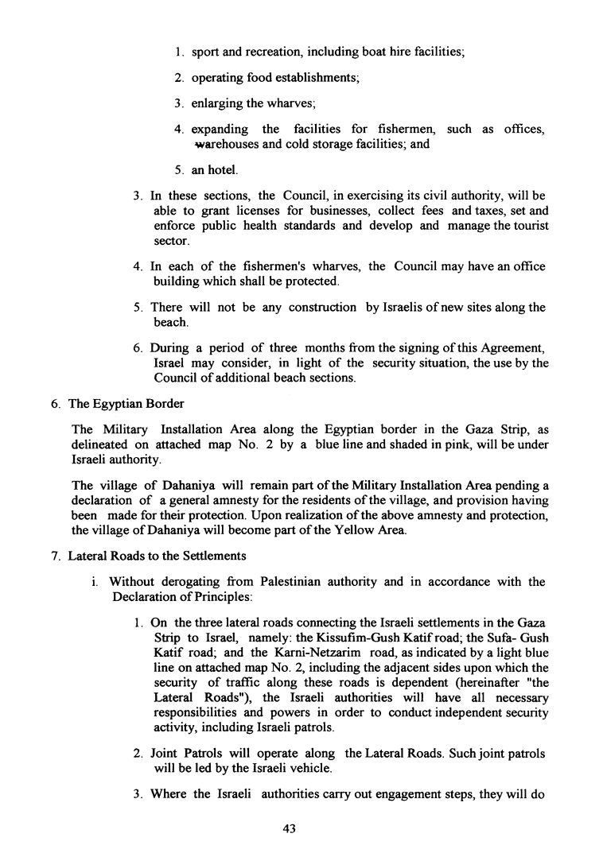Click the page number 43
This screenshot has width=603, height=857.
pos(289,828)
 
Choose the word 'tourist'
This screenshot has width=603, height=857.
pos(526,226)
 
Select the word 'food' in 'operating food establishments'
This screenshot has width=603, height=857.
pos(260,77)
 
